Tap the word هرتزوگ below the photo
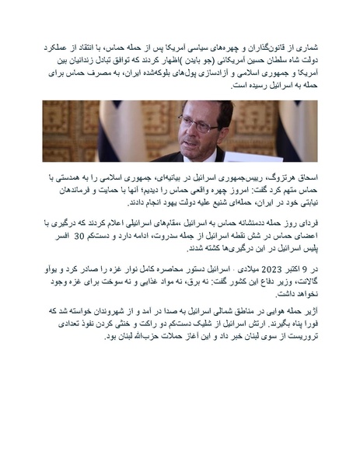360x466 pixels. tap(285, 178)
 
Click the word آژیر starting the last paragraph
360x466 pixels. tap(309, 310)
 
